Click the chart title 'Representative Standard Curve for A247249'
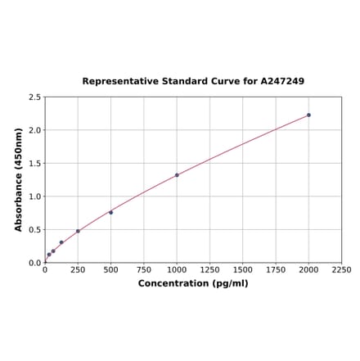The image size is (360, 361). (x=193, y=82)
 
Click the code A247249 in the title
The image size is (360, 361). (x=282, y=82)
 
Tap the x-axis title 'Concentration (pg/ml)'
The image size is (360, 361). (x=193, y=283)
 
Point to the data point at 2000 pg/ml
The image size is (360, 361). (x=308, y=115)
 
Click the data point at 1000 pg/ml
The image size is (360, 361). (x=177, y=175)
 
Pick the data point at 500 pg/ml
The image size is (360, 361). (x=110, y=212)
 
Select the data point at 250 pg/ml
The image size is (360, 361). (x=78, y=231)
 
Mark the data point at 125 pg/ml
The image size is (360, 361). (x=61, y=242)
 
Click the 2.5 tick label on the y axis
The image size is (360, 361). (x=35, y=97)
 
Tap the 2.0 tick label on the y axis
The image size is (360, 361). (x=35, y=130)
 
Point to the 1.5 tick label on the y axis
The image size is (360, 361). (x=35, y=164)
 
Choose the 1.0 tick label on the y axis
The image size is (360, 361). (x=35, y=196)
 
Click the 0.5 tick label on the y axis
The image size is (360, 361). (x=35, y=230)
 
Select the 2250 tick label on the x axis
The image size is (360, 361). (x=341, y=269)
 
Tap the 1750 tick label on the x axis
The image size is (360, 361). (x=276, y=269)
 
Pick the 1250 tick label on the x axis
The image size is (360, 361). (x=209, y=269)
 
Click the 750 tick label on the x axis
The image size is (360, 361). (x=144, y=269)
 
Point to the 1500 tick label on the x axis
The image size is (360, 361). (x=243, y=269)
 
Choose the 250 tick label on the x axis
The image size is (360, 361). (x=78, y=269)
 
